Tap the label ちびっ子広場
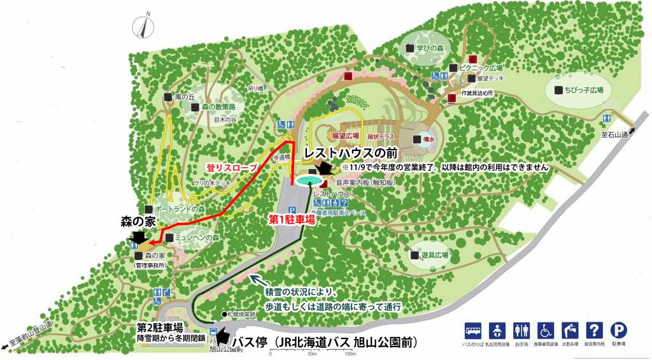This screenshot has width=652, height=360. pos(583,90)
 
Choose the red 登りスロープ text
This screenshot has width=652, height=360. pos(231,167)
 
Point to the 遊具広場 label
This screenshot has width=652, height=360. pos(435,255)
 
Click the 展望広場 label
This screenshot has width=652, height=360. pos(343,136)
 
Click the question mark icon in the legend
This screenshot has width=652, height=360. pos(594,330)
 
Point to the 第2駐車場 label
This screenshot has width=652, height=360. pos(160,328)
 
